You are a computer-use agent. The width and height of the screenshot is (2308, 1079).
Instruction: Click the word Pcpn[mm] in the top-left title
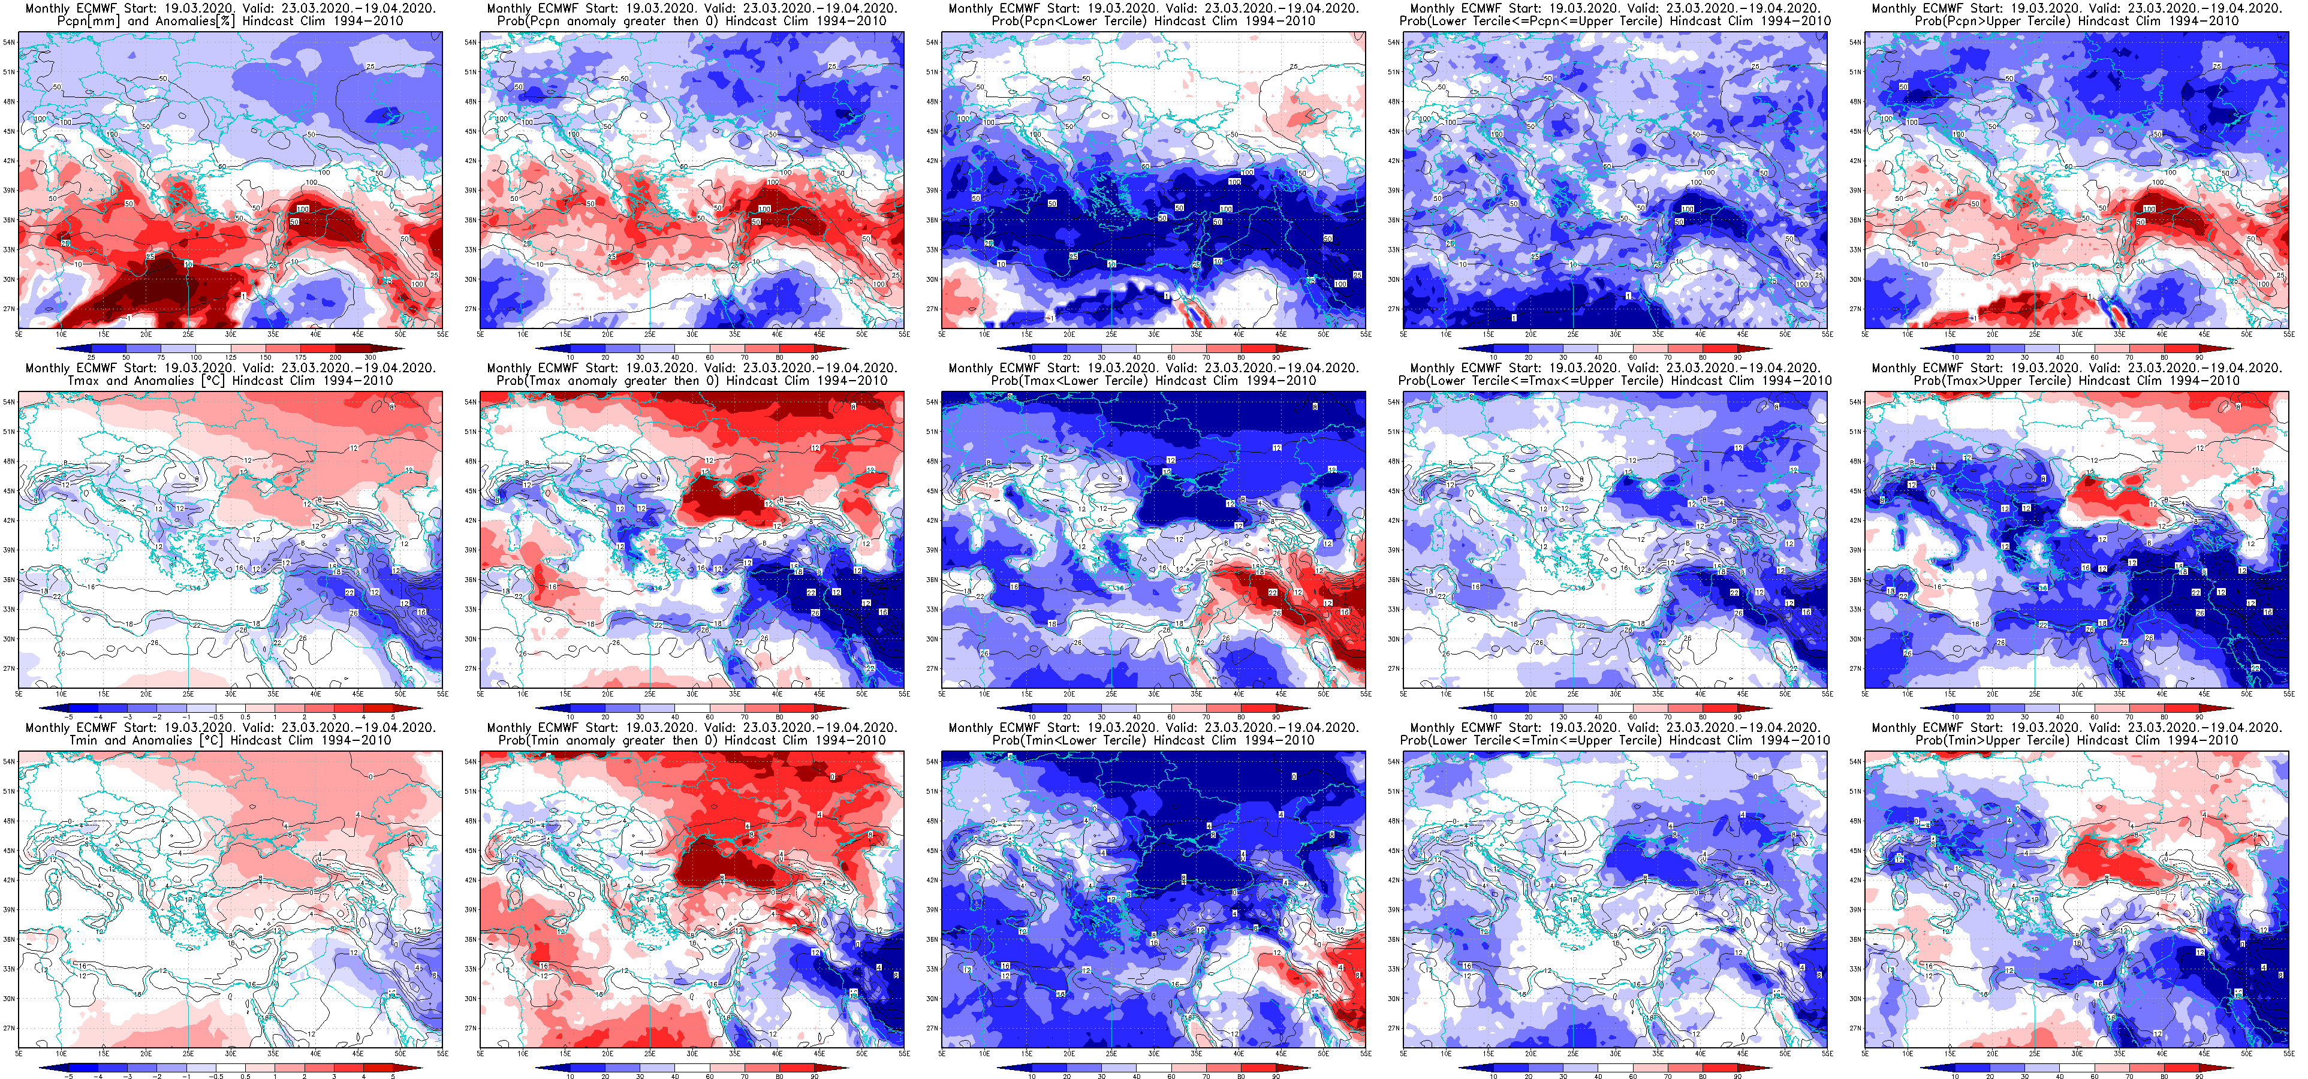point(89,20)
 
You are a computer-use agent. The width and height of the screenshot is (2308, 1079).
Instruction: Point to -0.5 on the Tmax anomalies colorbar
point(216,717)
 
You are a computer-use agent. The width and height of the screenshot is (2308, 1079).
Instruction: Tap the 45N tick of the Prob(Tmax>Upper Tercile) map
point(1855,491)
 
